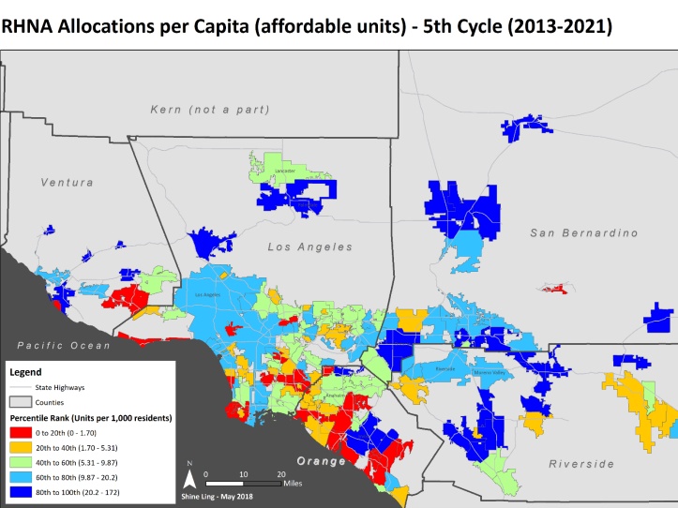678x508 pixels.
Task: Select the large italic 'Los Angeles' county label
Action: pos(309,247)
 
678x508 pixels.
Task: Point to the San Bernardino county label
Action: pos(582,232)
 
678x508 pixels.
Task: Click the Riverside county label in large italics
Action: pos(581,463)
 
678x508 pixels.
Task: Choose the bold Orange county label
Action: pos(322,461)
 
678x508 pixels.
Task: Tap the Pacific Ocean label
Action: pos(55,346)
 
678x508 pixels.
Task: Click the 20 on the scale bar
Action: pos(280,474)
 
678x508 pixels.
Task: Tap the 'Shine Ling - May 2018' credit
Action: pos(215,497)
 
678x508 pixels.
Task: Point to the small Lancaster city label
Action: pos(284,172)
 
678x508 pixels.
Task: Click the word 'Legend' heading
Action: pos(25,371)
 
